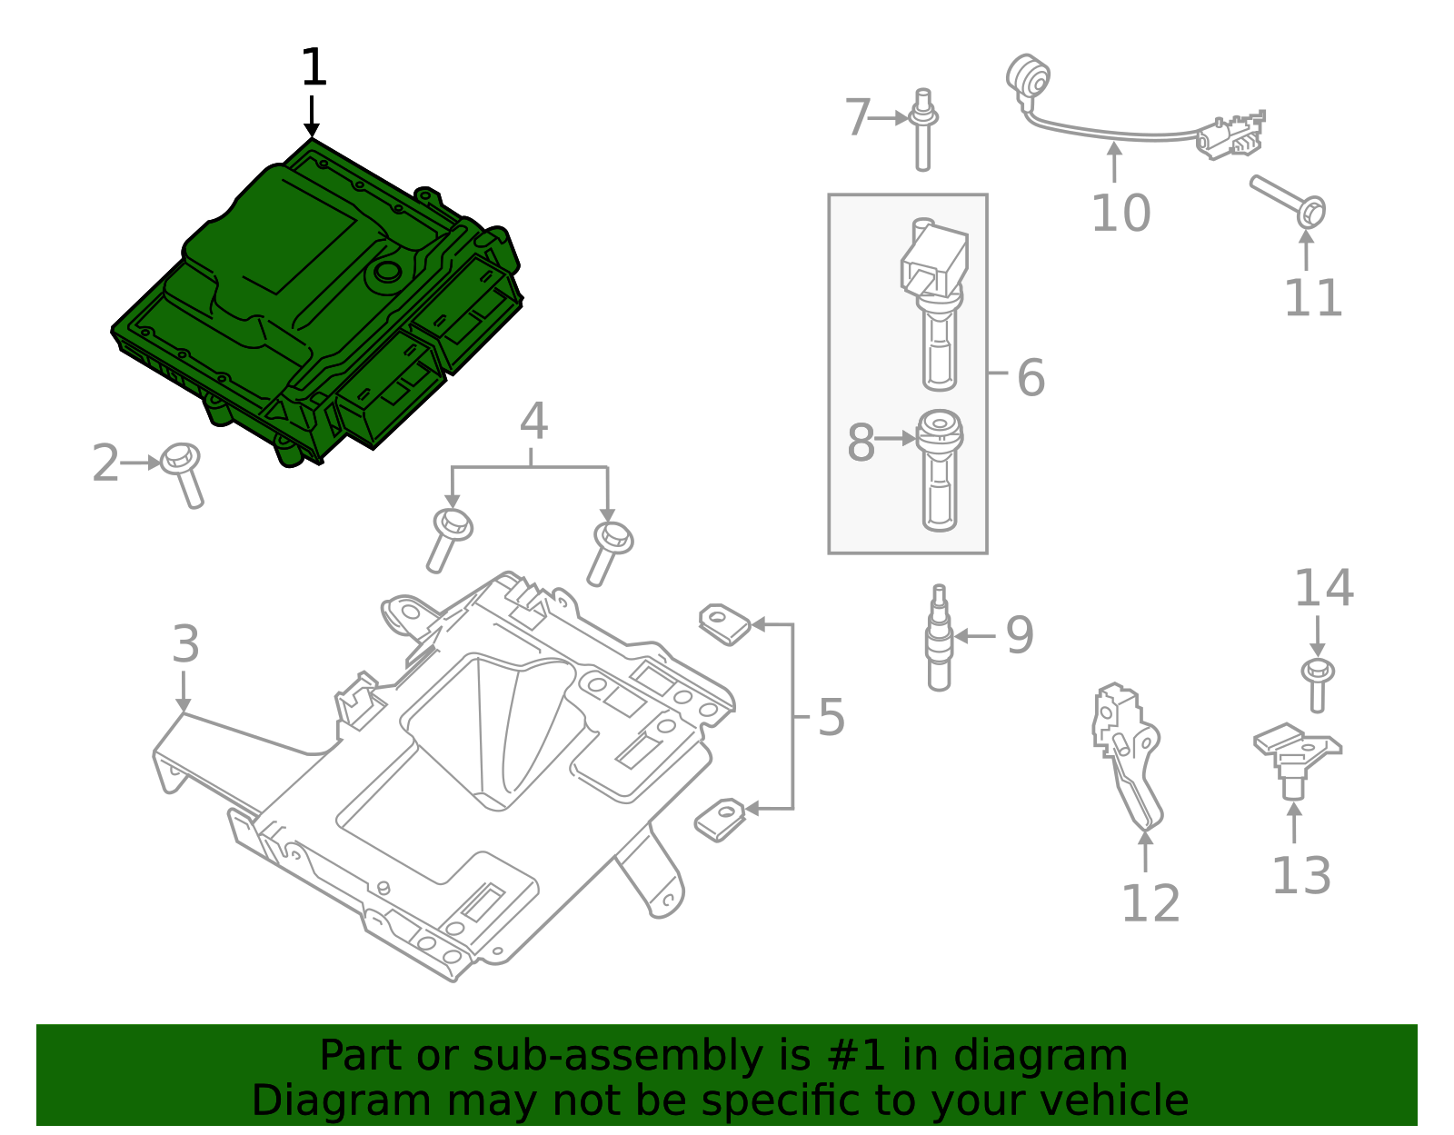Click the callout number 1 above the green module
[313, 68]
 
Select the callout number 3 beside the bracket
[185, 645]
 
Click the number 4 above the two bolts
[533, 423]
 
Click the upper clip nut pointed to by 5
[724, 623]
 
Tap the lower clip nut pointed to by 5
[720, 819]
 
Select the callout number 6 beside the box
[1031, 377]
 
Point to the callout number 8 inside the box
[860, 443]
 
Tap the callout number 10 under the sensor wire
[1120, 214]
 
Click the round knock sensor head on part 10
[1029, 75]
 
